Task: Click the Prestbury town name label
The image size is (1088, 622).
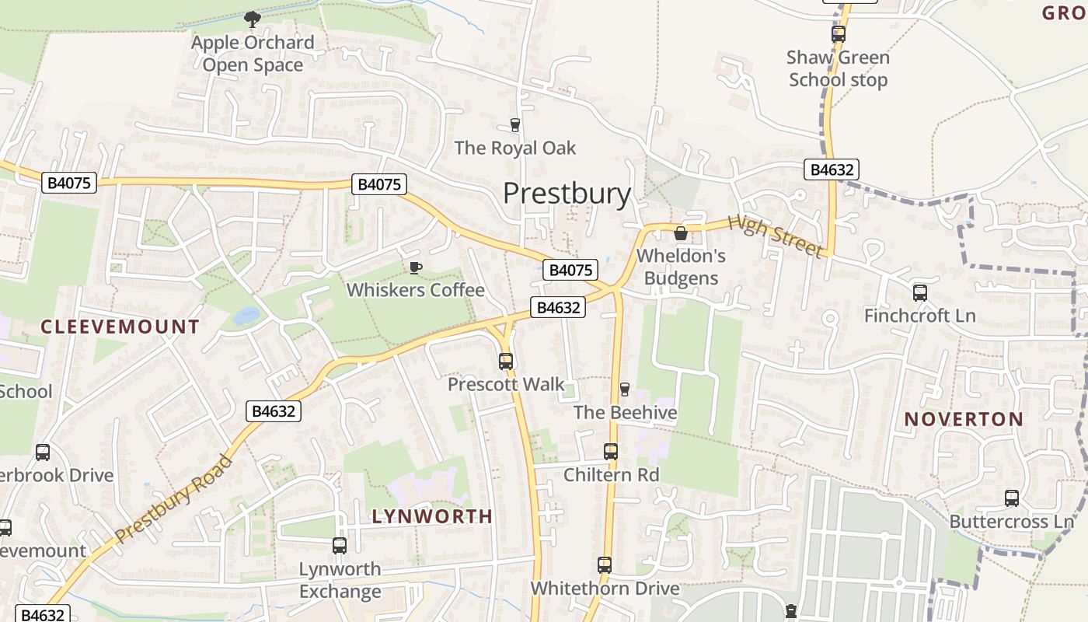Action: pyautogui.click(x=567, y=193)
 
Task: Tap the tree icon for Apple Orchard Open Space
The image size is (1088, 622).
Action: pyautogui.click(x=253, y=19)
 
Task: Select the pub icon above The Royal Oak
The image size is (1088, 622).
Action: pyautogui.click(x=514, y=124)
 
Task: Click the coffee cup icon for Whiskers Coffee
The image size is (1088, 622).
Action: pyautogui.click(x=416, y=267)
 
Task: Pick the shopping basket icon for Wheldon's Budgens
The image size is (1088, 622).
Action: pyautogui.click(x=681, y=232)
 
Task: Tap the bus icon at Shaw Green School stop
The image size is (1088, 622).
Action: pyautogui.click(x=838, y=34)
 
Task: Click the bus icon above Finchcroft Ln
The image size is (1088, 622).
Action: pyautogui.click(x=920, y=293)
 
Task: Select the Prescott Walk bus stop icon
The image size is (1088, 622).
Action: pyautogui.click(x=506, y=362)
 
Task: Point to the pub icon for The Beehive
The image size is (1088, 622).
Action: pyautogui.click(x=624, y=389)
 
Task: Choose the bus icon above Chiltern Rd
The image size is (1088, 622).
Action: pyautogui.click(x=611, y=452)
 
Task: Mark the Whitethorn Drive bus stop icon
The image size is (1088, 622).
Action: pyautogui.click(x=605, y=565)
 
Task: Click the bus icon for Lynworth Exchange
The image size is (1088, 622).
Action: pyautogui.click(x=340, y=546)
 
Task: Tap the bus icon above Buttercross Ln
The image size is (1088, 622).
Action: pyautogui.click(x=1012, y=498)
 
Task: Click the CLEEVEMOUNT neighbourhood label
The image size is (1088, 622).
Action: pyautogui.click(x=120, y=327)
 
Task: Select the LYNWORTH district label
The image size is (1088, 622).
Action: pyautogui.click(x=432, y=516)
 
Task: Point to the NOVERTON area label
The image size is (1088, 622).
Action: pyautogui.click(x=964, y=420)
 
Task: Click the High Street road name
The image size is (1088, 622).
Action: pyautogui.click(x=775, y=236)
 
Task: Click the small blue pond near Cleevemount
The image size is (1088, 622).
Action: pyautogui.click(x=246, y=316)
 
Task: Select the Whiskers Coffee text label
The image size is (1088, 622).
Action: pyautogui.click(x=416, y=290)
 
